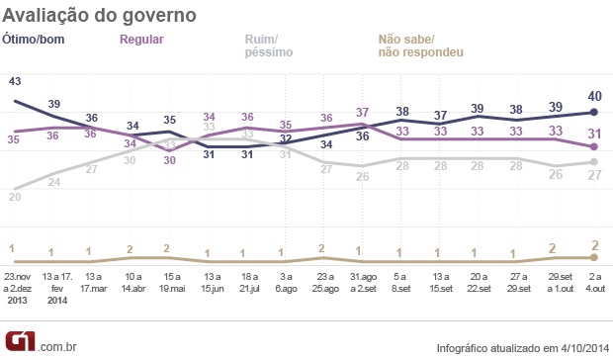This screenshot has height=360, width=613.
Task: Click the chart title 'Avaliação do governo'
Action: click(x=99, y=17)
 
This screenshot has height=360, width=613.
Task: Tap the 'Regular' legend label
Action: click(x=141, y=40)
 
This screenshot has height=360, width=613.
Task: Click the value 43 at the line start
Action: click(x=15, y=81)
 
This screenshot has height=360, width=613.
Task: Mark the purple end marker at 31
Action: click(x=592, y=146)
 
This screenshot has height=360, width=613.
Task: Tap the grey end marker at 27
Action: click(x=592, y=161)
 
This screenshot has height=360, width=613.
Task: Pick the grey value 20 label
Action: click(x=15, y=197)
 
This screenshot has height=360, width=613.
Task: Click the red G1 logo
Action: click(x=17, y=342)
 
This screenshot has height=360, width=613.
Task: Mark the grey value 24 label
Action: click(x=54, y=181)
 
